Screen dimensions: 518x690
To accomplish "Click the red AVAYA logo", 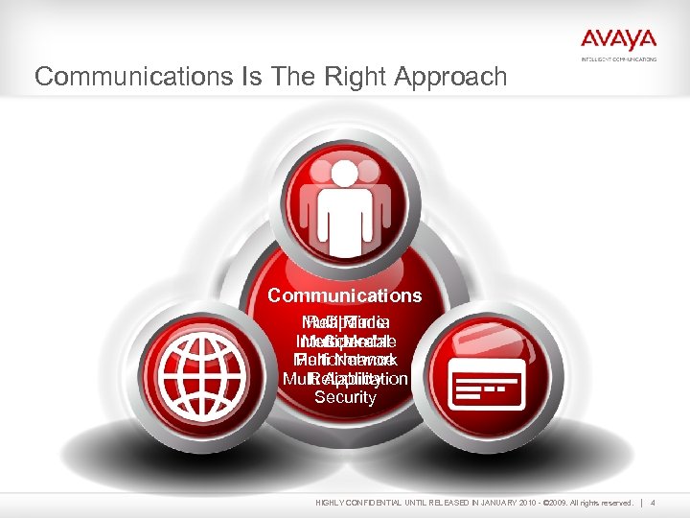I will pos(618,40).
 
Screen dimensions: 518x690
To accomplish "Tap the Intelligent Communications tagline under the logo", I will pos(619,59).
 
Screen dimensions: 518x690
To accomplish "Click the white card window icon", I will pos(488,385).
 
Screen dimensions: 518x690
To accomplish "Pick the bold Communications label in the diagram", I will pos(344,296).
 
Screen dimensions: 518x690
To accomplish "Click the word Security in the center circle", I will pos(345,397).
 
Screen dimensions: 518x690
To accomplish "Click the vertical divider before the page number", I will pos(652,503).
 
